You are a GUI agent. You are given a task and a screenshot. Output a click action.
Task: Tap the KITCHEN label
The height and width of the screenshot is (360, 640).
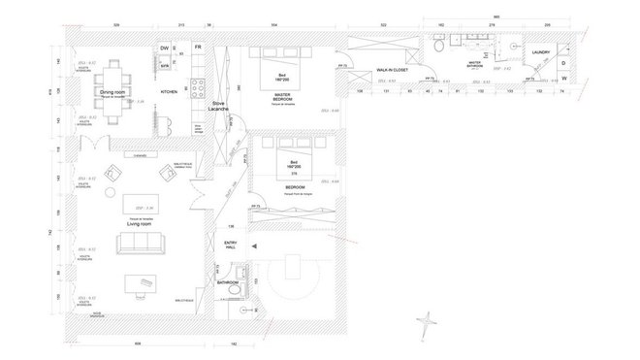pos(169,92)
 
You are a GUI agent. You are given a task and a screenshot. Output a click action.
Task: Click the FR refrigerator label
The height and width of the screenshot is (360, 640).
pos(197,47)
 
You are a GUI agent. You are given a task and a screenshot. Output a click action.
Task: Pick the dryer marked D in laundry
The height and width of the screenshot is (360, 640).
pos(562,61)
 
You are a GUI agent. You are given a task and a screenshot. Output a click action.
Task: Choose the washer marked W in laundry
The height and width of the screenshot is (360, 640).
pos(562,79)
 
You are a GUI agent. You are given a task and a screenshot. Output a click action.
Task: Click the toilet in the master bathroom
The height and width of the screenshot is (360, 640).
pos(440,46)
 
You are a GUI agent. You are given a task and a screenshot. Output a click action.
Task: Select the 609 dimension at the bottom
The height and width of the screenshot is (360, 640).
pos(138,344)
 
